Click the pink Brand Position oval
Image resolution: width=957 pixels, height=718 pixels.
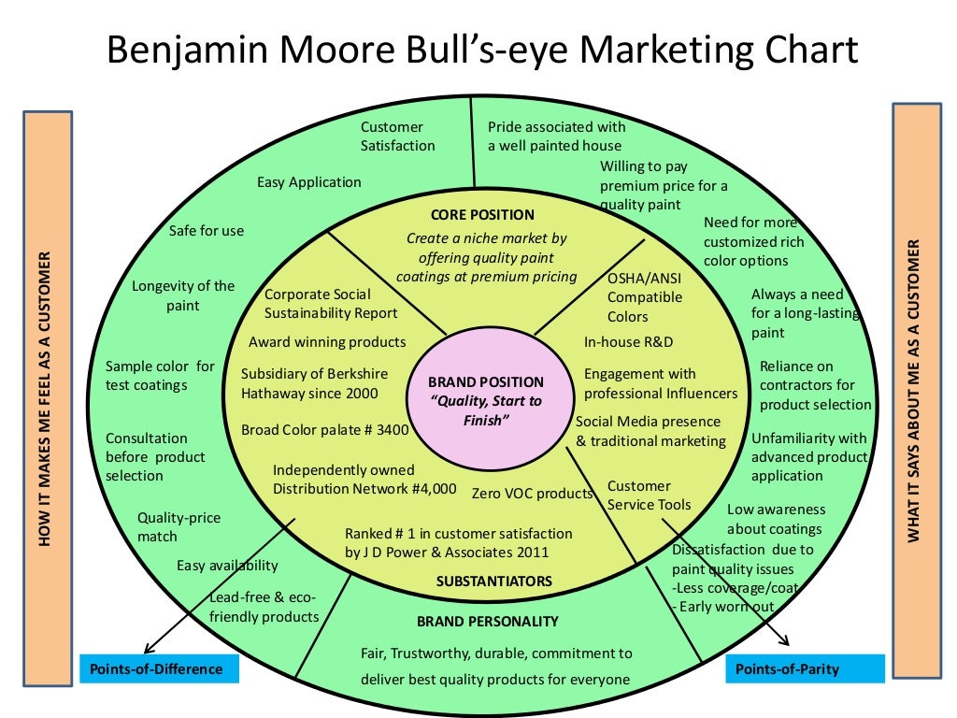[x=485, y=400]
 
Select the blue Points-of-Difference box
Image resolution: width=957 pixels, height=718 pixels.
[x=158, y=668]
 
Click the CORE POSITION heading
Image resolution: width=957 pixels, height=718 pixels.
[x=483, y=215]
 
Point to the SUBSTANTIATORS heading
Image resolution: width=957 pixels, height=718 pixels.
[x=494, y=581]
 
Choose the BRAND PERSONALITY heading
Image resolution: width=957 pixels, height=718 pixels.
[x=488, y=621]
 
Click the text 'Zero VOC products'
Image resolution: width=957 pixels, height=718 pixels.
[x=532, y=493]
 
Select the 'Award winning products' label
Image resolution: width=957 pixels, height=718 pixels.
[x=327, y=342]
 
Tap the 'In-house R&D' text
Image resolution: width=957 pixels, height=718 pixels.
[x=629, y=342]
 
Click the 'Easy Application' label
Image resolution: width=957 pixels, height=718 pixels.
[x=309, y=182]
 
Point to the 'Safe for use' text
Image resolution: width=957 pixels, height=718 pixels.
[x=207, y=230]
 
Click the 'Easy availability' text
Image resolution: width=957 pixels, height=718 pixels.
[x=227, y=565]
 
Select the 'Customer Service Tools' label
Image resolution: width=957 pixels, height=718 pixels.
[x=650, y=495]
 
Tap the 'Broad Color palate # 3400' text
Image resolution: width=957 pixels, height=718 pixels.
[x=325, y=430]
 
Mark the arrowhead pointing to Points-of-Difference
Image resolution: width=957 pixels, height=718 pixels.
[x=147, y=652]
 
